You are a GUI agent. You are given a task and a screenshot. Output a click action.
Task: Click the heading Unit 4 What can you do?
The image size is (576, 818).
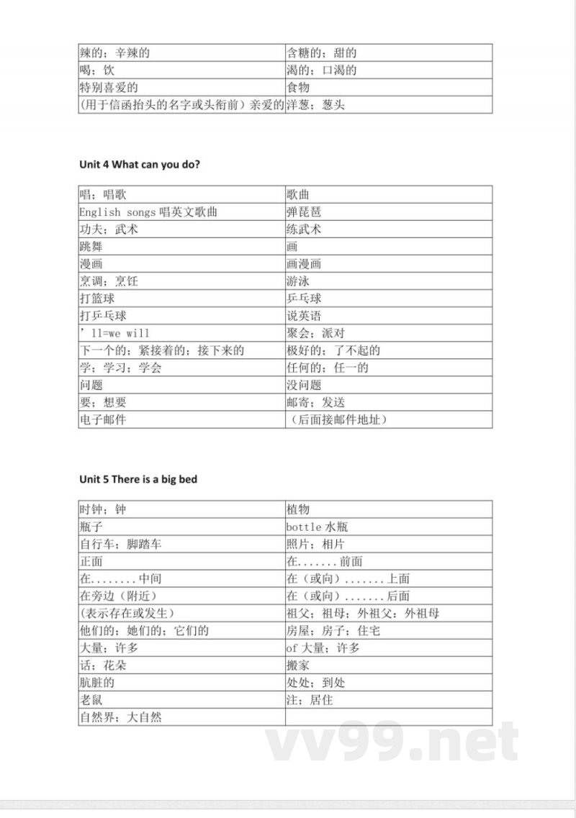(140, 165)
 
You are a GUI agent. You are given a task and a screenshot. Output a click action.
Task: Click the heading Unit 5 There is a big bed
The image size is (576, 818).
(138, 479)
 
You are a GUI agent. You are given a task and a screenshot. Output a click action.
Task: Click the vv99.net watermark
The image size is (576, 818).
(392, 742)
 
